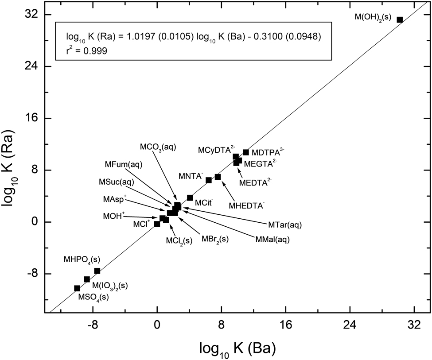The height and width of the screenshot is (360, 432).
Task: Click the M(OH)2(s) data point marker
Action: tap(399, 19)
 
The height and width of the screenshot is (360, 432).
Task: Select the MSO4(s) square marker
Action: tap(77, 288)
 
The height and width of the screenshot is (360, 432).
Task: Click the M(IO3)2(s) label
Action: tap(109, 286)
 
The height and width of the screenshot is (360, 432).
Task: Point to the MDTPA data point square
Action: tap(246, 152)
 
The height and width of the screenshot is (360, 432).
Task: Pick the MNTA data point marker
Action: tap(209, 180)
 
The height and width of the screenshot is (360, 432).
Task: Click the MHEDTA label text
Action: tap(247, 205)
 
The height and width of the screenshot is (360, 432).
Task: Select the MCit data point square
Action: tap(190, 197)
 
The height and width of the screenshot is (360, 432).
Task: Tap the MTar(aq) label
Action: tap(285, 225)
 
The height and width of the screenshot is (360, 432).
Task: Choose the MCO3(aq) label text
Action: tap(158, 147)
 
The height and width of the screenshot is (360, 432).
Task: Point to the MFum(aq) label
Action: tap(124, 164)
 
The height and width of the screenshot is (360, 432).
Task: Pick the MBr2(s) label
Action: tap(215, 239)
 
